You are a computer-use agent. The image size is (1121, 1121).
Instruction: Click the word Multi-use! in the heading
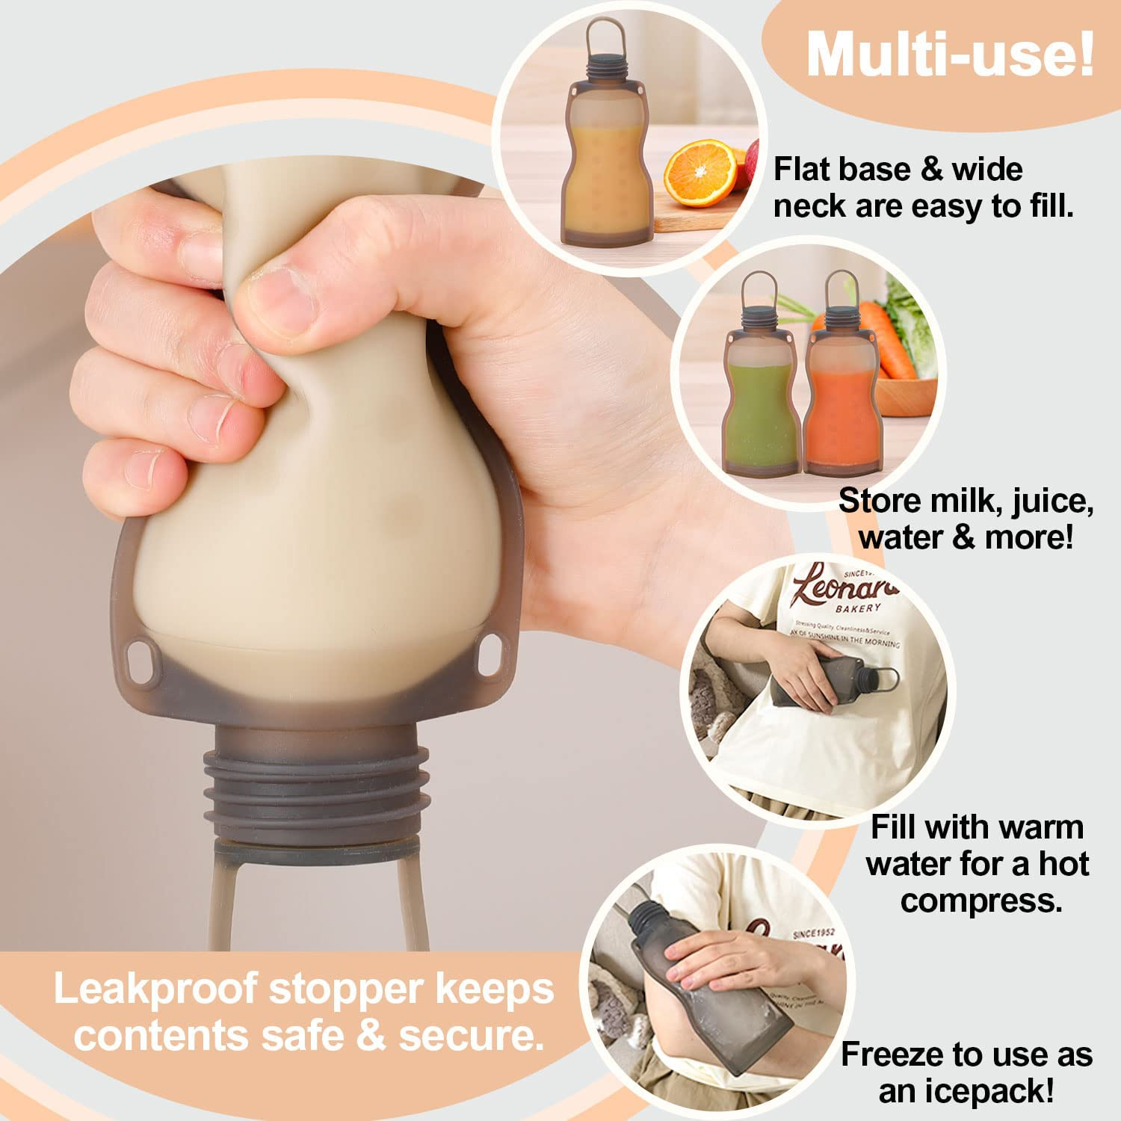tap(949, 55)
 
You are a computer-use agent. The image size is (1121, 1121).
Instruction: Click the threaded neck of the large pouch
tap(318, 785)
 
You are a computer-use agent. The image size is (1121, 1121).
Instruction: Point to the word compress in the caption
tap(981, 901)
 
